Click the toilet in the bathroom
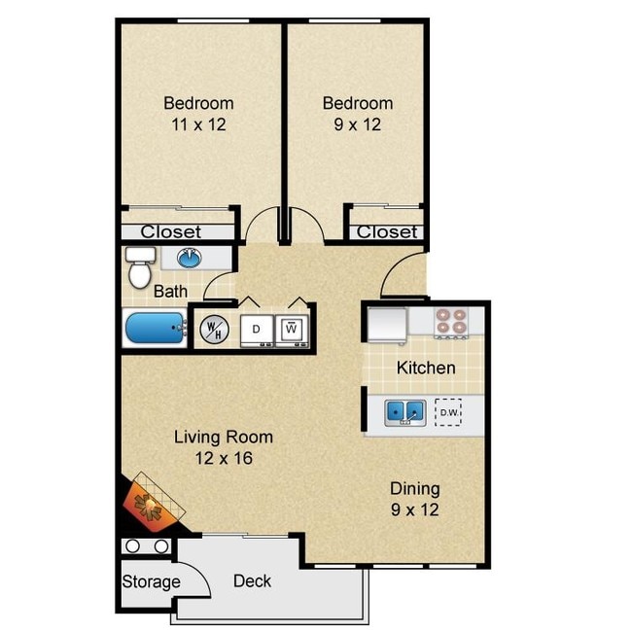140,265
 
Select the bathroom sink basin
189,258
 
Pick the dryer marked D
256,329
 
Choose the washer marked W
291,329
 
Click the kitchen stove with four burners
450,321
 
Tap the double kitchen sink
404,412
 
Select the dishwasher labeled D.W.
448,412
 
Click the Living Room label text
223,437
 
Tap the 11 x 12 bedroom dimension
197,123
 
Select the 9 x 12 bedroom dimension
357,123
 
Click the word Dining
414,488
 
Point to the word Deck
252,581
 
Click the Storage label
151,582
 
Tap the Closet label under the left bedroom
171,231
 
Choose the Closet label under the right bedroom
386,231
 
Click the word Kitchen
426,368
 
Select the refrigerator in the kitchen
386,323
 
